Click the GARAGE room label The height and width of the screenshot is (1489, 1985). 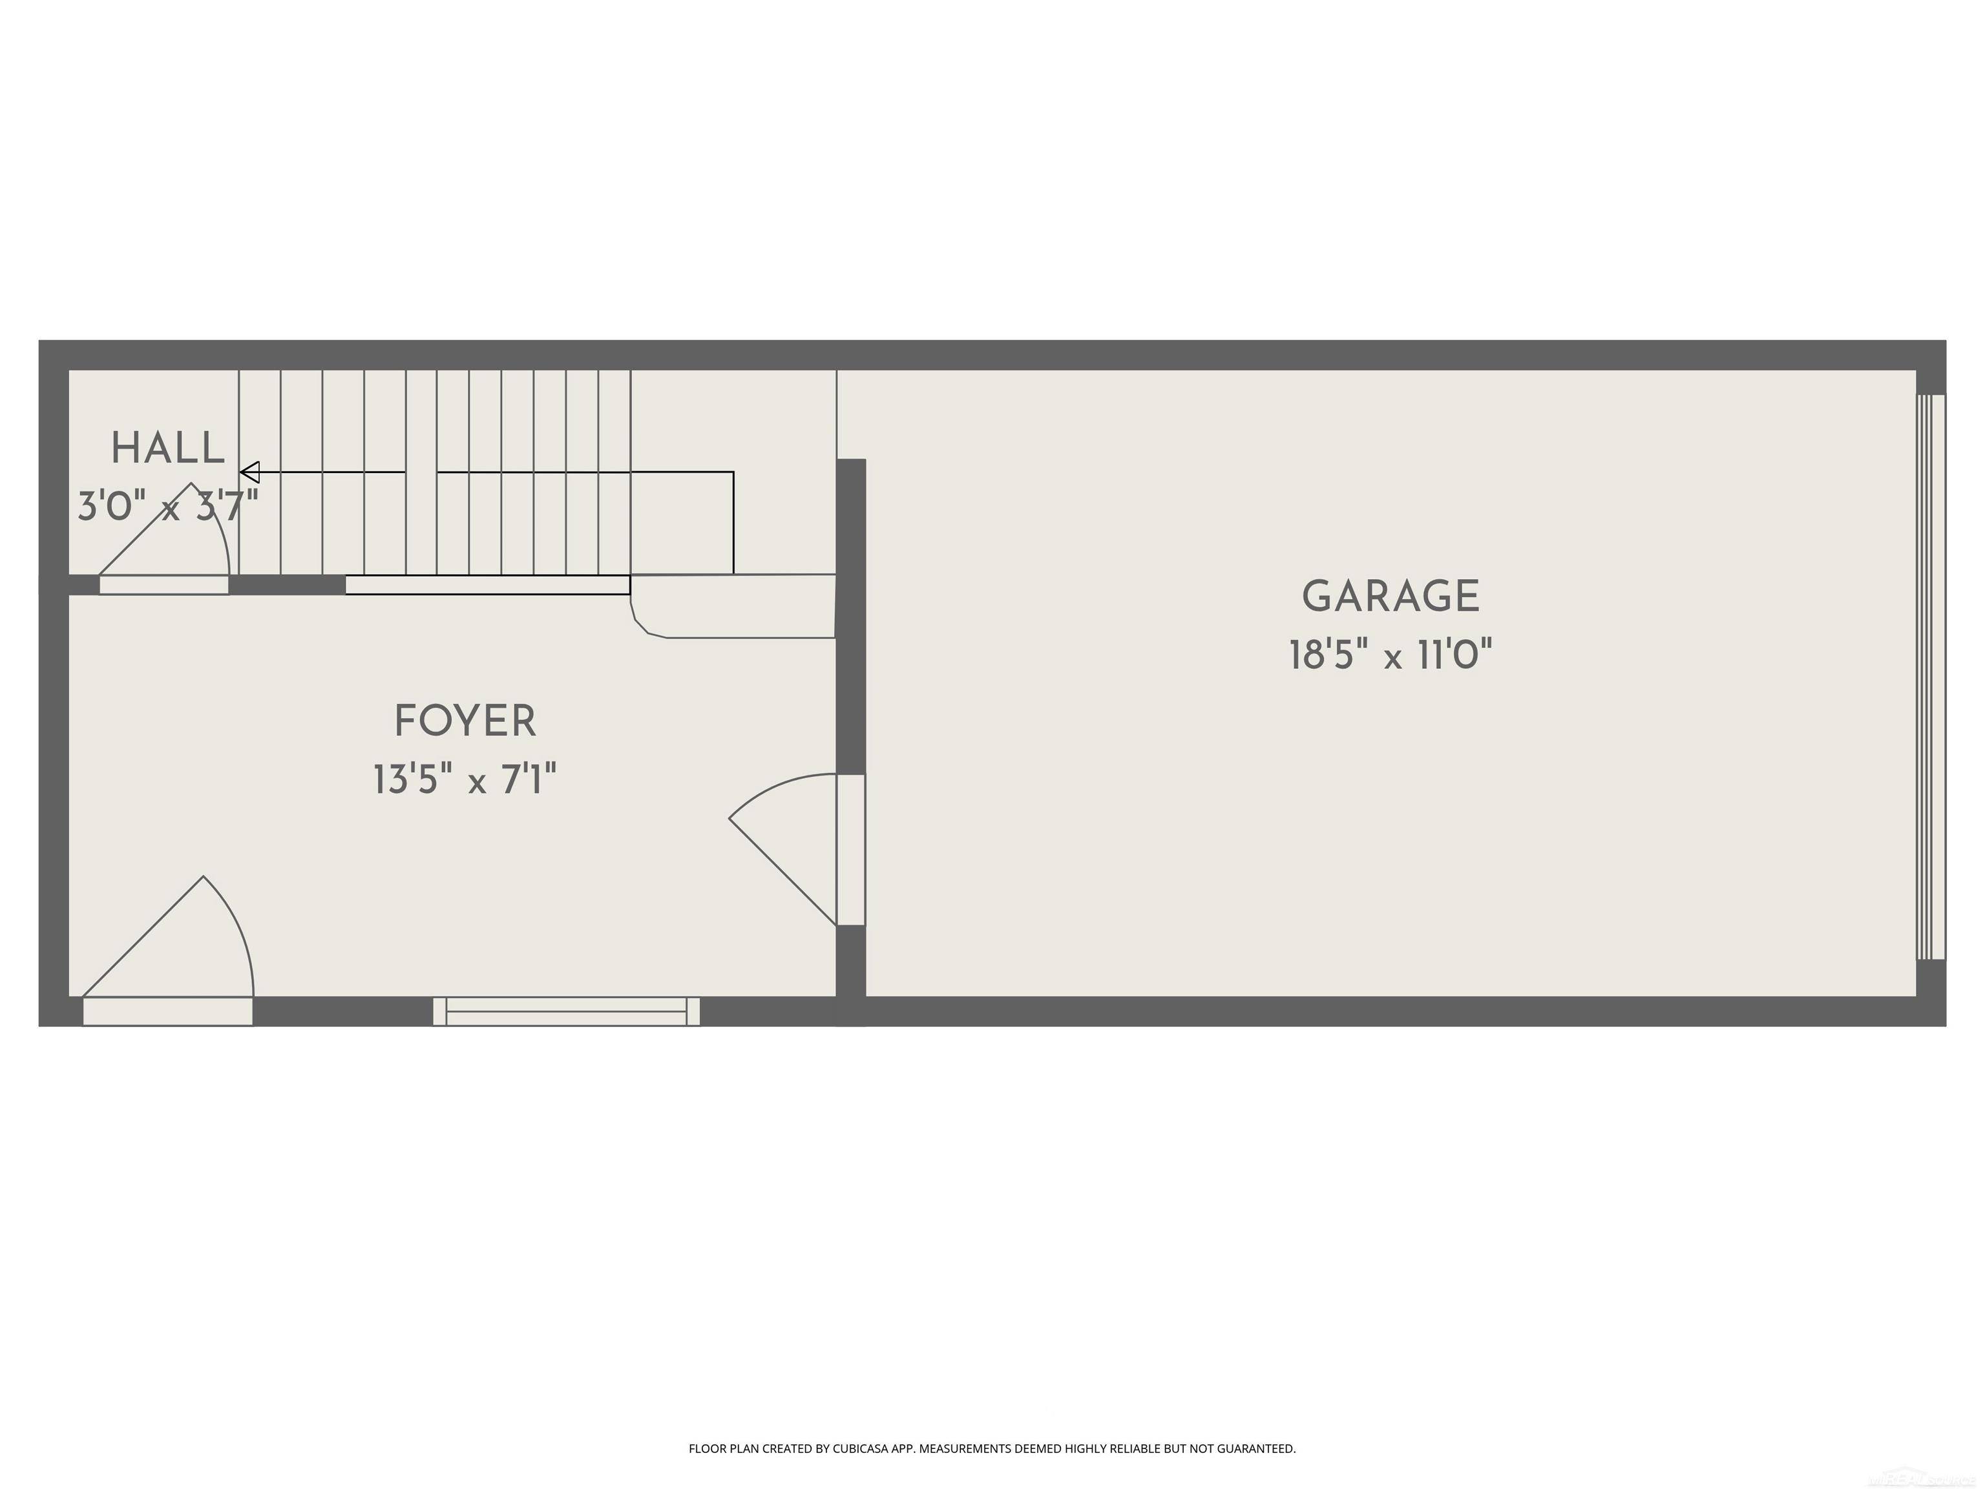[x=1390, y=597]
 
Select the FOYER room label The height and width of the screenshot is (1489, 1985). [x=465, y=722]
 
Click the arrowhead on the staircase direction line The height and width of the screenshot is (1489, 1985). [x=250, y=472]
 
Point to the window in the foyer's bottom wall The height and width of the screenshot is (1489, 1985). [x=566, y=1011]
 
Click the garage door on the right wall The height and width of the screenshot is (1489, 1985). [x=1930, y=678]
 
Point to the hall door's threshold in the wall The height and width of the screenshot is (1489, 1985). [x=163, y=585]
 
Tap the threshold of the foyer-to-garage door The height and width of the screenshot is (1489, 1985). [x=851, y=850]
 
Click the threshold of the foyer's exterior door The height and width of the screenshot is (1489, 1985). [x=168, y=1011]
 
